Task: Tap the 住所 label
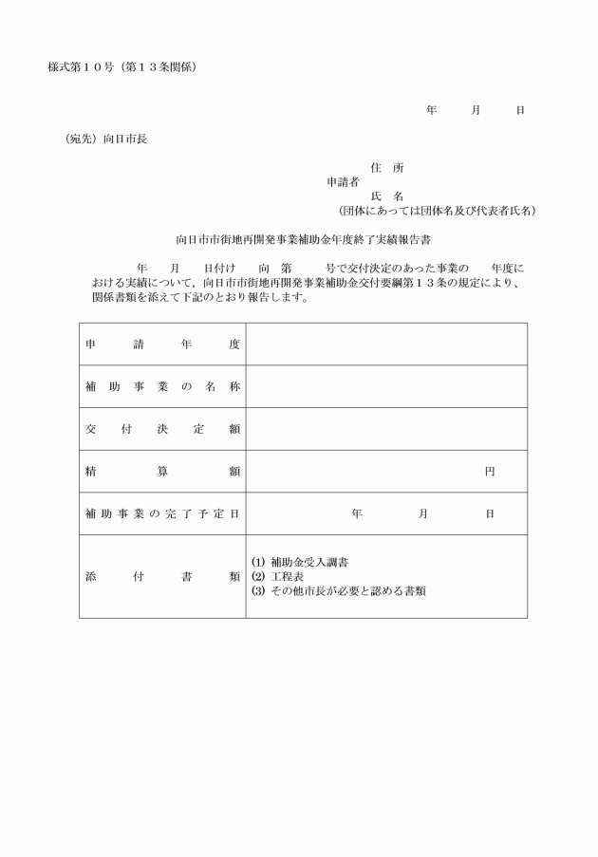tap(387, 168)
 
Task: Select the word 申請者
tap(343, 181)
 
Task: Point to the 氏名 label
tap(387, 196)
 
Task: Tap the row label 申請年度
tap(162, 345)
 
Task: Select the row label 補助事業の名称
tap(162, 386)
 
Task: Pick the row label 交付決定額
tap(162, 429)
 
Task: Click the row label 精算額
tap(162, 471)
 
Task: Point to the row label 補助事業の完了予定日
tap(162, 513)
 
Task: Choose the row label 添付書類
tap(162, 576)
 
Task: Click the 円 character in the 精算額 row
tap(490, 471)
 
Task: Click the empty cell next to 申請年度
tap(386, 345)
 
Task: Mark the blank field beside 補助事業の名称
tap(386, 386)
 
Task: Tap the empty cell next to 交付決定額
tap(386, 429)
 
